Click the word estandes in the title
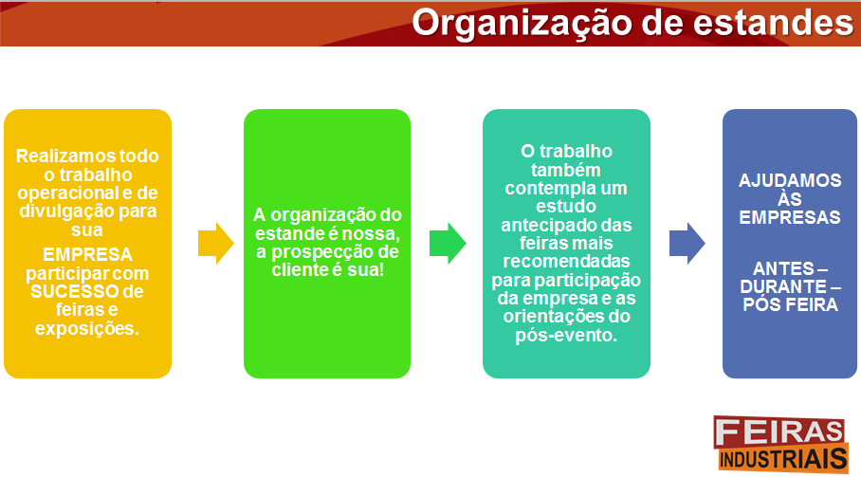[773, 23]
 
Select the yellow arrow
[216, 243]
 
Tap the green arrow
[448, 243]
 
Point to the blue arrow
[687, 243]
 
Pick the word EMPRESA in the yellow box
[87, 255]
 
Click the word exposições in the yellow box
[86, 329]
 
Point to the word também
[565, 170]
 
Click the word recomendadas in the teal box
[566, 262]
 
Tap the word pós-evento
[566, 336]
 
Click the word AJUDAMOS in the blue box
[790, 180]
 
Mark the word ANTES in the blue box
[783, 269]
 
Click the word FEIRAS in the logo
[779, 432]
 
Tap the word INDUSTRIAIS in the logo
[783, 459]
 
